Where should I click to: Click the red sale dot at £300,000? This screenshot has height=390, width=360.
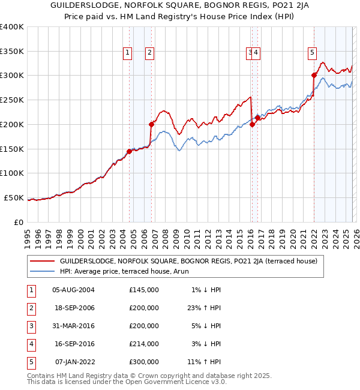point(314,75)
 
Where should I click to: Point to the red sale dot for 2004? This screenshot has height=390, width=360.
point(129,151)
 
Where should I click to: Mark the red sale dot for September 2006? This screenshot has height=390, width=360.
point(151,124)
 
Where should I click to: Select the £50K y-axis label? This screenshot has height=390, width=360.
point(14,197)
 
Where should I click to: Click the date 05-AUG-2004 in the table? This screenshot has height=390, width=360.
point(73,290)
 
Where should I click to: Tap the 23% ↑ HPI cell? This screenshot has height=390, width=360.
point(204,308)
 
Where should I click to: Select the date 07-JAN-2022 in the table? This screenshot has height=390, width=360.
point(73,362)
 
